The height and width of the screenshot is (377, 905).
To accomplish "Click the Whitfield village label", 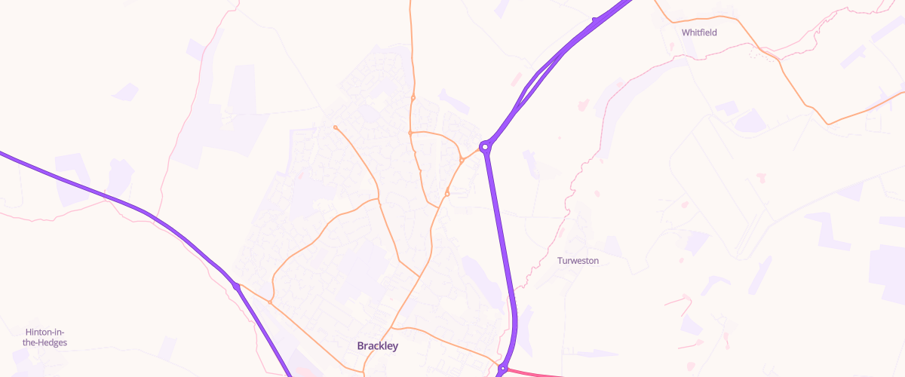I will pyautogui.click(x=699, y=32).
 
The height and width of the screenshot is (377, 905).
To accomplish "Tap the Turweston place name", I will pyautogui.click(x=578, y=261).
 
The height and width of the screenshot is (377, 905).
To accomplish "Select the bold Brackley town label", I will pyautogui.click(x=377, y=346).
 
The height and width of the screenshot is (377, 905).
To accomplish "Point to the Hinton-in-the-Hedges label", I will pyautogui.click(x=46, y=337).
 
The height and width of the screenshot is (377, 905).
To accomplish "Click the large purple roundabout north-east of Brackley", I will pyautogui.click(x=486, y=146).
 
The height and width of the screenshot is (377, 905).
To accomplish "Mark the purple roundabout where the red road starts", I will pyautogui.click(x=502, y=369).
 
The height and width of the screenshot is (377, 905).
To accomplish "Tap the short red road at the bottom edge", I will pyautogui.click(x=535, y=372).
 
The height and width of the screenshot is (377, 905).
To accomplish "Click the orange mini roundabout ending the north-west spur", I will pyautogui.click(x=335, y=127).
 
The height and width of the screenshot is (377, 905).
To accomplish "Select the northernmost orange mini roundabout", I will pyautogui.click(x=413, y=97).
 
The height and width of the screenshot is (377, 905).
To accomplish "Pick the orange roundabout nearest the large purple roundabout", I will pyautogui.click(x=462, y=160).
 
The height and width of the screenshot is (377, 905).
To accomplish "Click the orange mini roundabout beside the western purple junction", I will pyautogui.click(x=270, y=302).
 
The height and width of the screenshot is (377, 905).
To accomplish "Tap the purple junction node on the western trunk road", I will pyautogui.click(x=237, y=287).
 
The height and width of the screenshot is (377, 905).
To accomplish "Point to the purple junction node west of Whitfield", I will pyautogui.click(x=595, y=20).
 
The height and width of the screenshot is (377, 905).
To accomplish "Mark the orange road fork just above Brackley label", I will pyautogui.click(x=391, y=328).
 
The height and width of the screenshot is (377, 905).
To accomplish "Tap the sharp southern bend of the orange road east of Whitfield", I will pyautogui.click(x=829, y=123).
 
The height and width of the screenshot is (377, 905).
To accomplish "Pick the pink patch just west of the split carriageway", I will pyautogui.click(x=517, y=79).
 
